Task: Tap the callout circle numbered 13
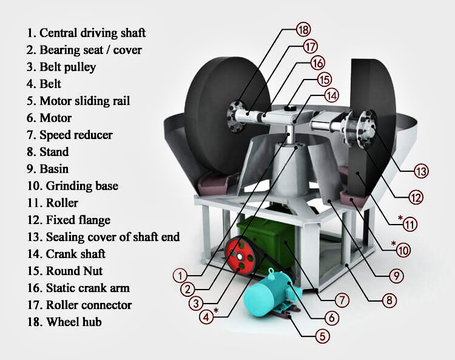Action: click(421, 171)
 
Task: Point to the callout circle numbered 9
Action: click(397, 275)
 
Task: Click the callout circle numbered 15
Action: click(325, 79)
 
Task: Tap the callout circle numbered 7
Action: click(343, 301)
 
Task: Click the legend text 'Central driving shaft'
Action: click(86, 32)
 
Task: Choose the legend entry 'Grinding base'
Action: click(72, 186)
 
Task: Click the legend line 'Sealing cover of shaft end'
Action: click(103, 237)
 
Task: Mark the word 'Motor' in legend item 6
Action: click(55, 118)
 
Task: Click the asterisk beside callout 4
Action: click(215, 312)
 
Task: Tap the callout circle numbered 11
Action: click(411, 224)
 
